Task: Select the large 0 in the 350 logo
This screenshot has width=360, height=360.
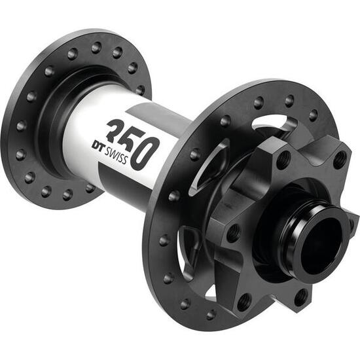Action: tap(147, 149)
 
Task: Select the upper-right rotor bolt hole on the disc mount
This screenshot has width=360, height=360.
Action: tap(340, 159)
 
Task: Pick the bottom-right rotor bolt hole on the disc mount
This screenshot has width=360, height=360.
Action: tap(302, 297)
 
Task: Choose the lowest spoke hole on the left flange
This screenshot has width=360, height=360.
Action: tap(67, 194)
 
